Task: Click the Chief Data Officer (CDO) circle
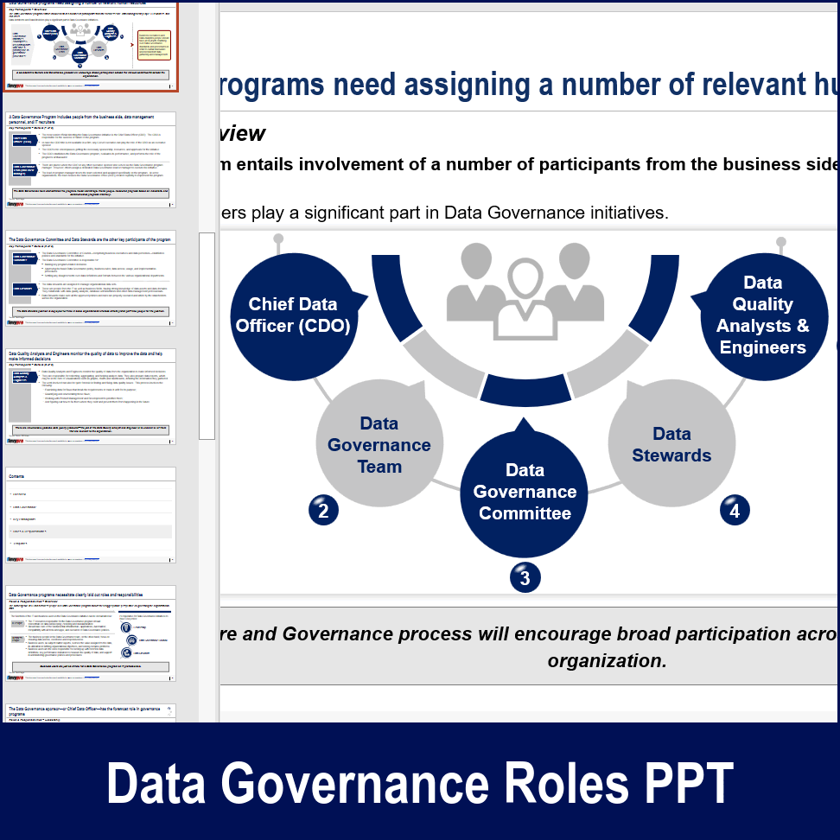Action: click(293, 315)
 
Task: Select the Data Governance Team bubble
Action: click(379, 444)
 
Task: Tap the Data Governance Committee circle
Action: click(525, 492)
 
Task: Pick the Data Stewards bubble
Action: click(671, 444)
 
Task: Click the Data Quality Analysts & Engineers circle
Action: click(763, 315)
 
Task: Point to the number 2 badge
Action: click(323, 511)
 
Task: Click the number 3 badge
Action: click(525, 577)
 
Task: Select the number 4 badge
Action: click(735, 511)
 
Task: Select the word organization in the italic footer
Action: click(607, 661)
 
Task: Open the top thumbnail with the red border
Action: click(91, 45)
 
